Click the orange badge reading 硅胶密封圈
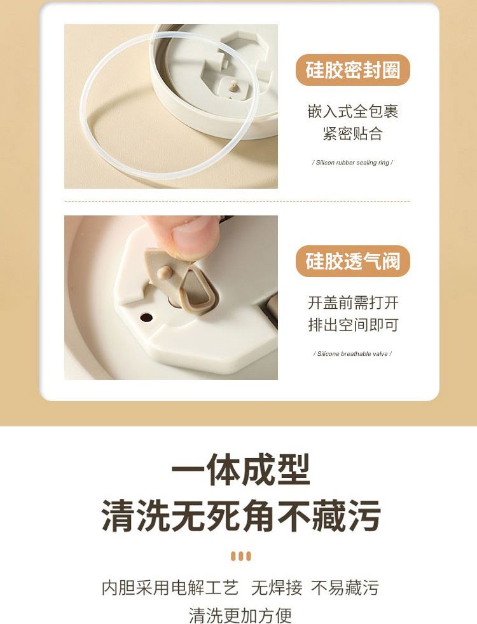[x=353, y=70]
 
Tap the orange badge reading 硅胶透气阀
[x=353, y=261]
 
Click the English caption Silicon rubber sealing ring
[x=352, y=163]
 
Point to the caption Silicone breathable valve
[x=352, y=354]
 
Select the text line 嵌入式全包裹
[x=353, y=111]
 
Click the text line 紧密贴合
[x=353, y=133]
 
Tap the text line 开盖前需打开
[x=353, y=303]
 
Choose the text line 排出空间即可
[x=353, y=325]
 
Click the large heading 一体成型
[x=240, y=470]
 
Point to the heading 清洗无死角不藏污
[x=241, y=516]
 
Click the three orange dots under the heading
[x=241, y=556]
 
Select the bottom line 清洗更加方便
[x=240, y=615]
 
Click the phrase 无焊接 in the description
[x=277, y=587]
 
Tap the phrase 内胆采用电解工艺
[x=170, y=587]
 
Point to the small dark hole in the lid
[x=146, y=318]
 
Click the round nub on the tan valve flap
[x=165, y=272]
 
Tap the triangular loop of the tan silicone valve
[x=198, y=289]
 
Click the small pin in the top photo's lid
[x=233, y=85]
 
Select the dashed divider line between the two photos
[x=237, y=202]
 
